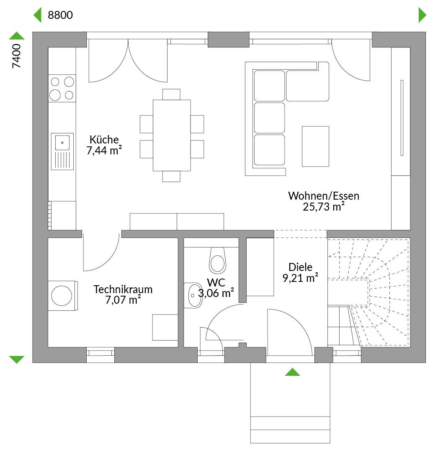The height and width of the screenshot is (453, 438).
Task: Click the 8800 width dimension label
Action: (60, 15)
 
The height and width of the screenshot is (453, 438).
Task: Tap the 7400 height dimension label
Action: (16, 56)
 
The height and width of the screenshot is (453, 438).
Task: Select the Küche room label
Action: (104, 140)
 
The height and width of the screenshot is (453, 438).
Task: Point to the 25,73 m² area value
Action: (324, 206)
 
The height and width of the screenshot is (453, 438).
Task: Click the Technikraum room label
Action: (123, 289)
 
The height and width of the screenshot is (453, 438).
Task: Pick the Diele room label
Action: (300, 267)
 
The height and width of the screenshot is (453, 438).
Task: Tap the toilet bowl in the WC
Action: (217, 260)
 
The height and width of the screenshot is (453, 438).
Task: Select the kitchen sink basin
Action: (62, 143)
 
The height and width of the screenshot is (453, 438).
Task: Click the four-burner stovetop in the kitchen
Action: (62, 89)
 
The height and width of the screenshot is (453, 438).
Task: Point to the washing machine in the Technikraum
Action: (62, 296)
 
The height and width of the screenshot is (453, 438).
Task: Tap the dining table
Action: (172, 135)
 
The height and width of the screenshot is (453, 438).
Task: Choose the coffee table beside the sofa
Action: (315, 146)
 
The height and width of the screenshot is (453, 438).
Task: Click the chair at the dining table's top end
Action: (171, 94)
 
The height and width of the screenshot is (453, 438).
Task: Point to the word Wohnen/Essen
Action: (324, 196)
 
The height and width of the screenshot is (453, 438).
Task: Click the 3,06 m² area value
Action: (216, 293)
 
